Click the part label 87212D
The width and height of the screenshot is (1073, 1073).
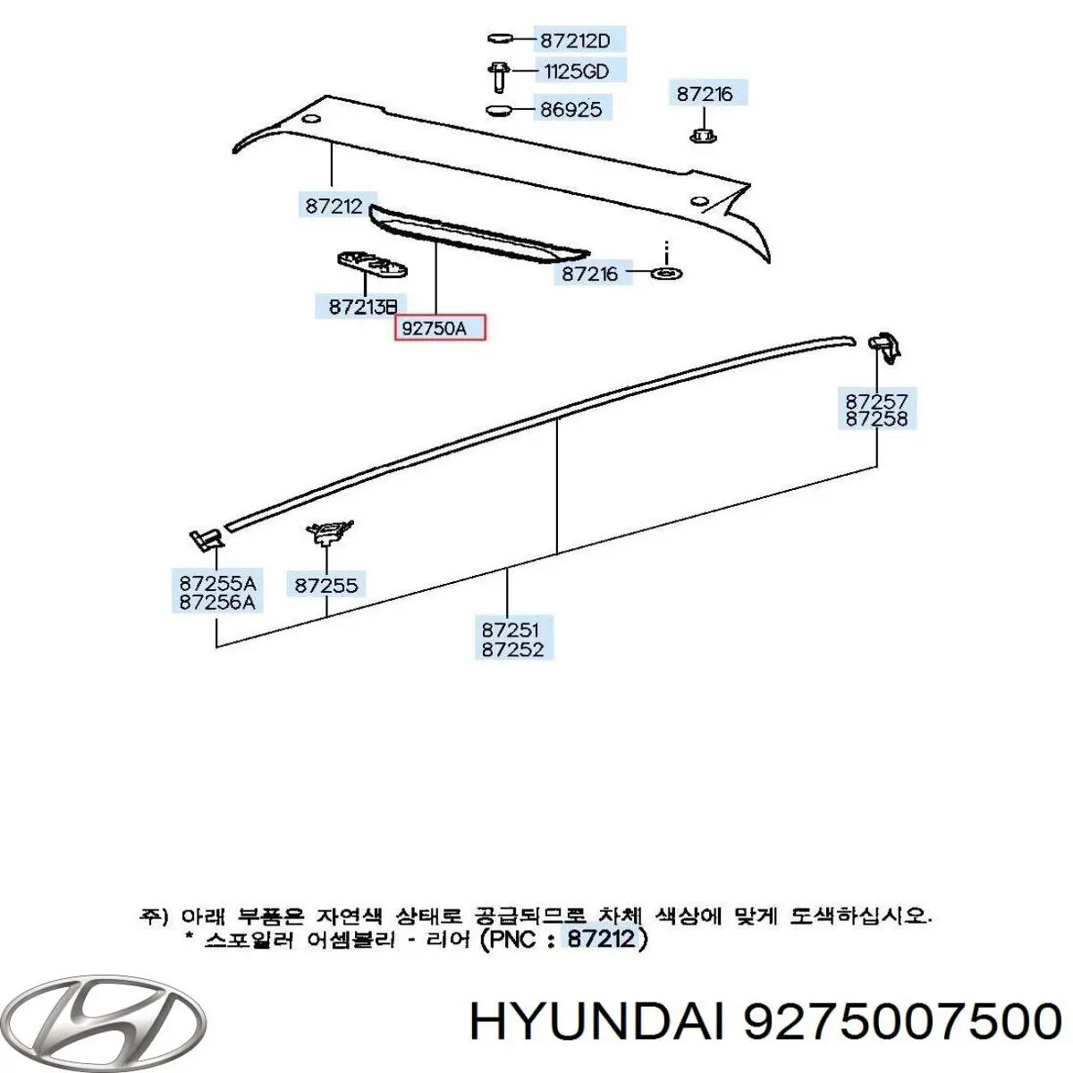[x=575, y=40]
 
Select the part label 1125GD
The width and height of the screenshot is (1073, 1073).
[x=577, y=72]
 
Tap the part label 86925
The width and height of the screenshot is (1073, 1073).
[x=571, y=109]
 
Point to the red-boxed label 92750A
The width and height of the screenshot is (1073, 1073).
[x=439, y=328]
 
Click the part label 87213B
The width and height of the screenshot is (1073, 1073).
[x=363, y=307]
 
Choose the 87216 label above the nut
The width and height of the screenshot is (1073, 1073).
[x=705, y=94]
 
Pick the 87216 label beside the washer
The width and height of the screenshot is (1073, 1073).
[x=589, y=274]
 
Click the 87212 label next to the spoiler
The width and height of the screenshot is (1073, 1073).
[x=334, y=206]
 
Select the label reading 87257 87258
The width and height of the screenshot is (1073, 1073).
[x=876, y=410]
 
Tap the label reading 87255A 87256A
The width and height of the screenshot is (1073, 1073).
[x=217, y=593]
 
